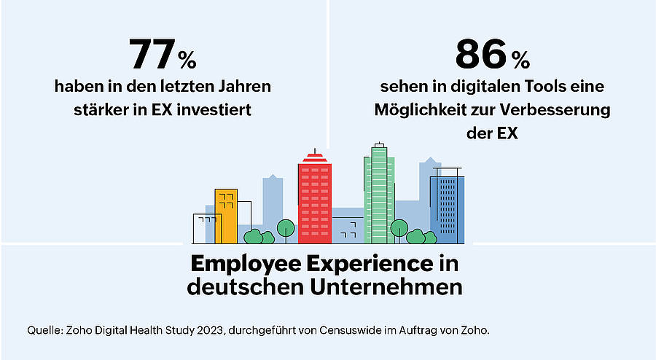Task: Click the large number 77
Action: pos(152,55)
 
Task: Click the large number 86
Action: pos(481,55)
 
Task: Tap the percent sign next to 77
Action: pos(187,60)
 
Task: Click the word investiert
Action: pos(214,110)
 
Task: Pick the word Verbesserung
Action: pos(555,110)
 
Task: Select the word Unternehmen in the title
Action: pos(386,287)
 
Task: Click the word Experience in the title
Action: pos(370,265)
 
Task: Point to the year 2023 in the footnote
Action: pos(211,330)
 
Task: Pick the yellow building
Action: pos(227,216)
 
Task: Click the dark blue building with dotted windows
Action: pos(448,209)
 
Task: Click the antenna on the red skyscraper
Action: pos(315,151)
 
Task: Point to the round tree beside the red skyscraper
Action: pos(286,228)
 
